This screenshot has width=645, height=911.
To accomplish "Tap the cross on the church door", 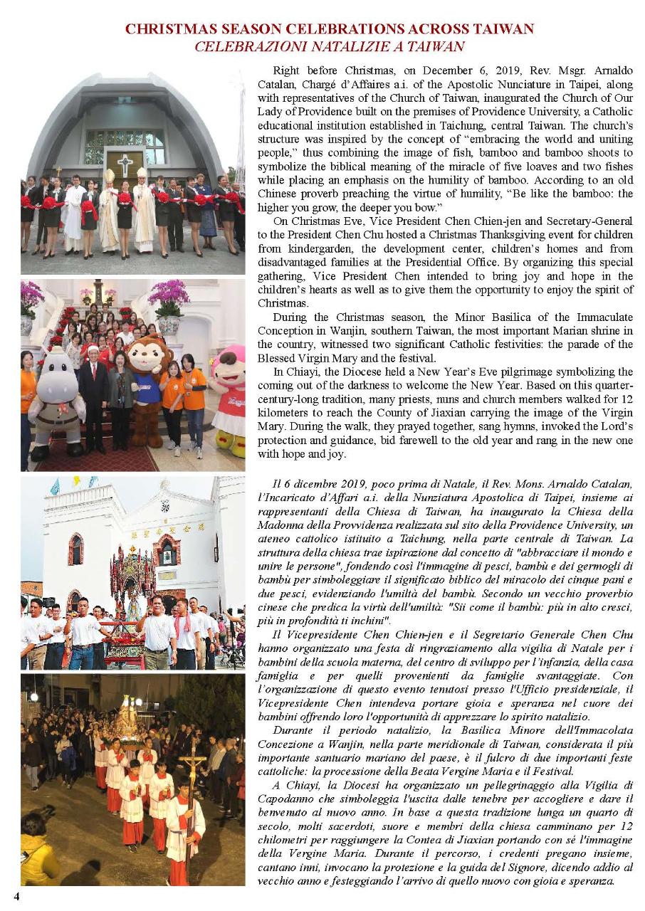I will pos(125,164).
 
